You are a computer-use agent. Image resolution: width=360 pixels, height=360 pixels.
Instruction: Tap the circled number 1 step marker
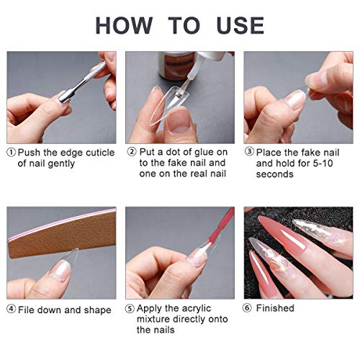click(x=12, y=152)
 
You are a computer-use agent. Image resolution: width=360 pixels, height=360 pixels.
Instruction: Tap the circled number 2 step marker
click(x=132, y=152)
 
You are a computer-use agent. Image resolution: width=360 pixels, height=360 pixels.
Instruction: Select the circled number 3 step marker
click(x=249, y=152)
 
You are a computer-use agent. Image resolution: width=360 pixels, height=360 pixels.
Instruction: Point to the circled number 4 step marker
click(x=12, y=309)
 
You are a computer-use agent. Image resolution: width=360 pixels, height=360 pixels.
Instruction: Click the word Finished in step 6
click(x=275, y=308)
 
